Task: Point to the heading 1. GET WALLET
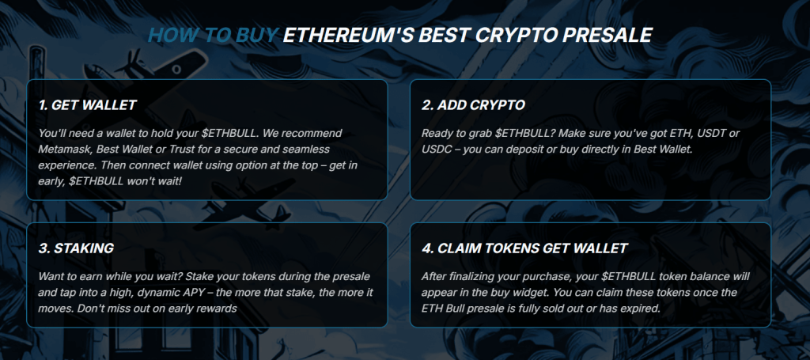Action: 87,105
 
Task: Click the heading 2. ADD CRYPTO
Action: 473,105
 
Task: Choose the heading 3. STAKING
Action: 76,248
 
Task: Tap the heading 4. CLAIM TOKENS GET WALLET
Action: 524,248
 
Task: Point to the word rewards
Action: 218,309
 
